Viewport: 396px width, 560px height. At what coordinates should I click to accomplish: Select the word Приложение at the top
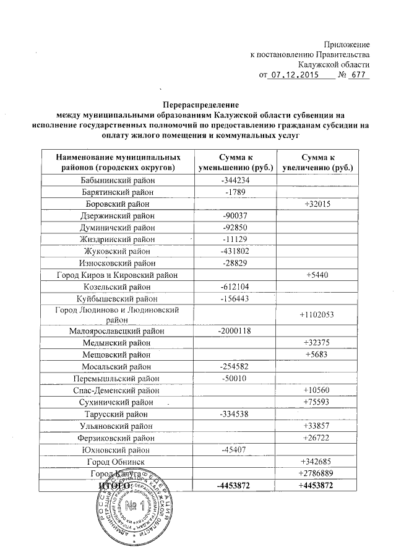(347, 44)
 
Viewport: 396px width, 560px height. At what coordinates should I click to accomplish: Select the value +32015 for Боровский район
(316, 204)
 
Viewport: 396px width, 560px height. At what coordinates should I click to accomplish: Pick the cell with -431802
(235, 251)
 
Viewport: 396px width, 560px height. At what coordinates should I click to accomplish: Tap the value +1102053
(316, 314)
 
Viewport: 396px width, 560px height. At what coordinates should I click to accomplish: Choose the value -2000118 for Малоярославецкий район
(235, 331)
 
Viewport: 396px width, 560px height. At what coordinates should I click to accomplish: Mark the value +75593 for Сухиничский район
(316, 402)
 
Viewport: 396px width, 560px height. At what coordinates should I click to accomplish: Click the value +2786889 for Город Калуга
(316, 473)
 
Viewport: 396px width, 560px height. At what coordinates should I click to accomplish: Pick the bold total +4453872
(316, 486)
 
